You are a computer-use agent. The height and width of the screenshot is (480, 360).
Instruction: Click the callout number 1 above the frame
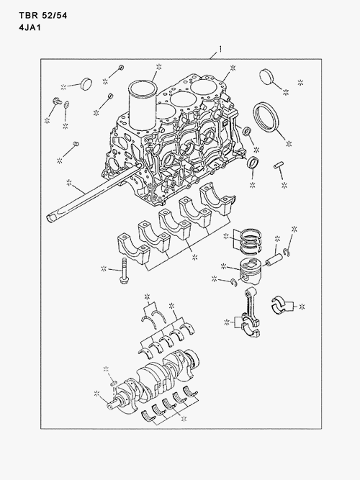coord(220,49)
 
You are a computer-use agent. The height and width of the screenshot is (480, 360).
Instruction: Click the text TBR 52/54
coord(43,15)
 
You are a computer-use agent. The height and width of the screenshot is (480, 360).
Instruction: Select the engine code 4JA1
coord(30,27)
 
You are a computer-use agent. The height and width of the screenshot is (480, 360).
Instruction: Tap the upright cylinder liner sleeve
coord(143,104)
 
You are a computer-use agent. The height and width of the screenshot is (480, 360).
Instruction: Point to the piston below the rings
coord(251,270)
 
